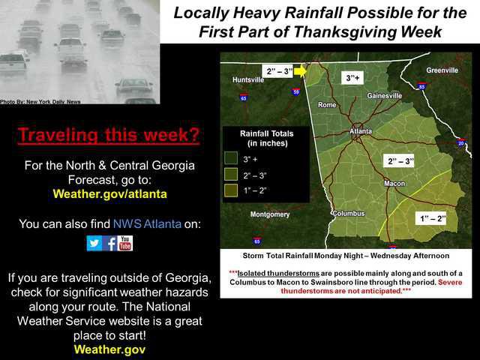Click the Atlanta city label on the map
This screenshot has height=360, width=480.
click(361, 131)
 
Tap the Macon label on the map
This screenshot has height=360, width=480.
click(394, 183)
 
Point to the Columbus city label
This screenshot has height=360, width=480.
click(349, 213)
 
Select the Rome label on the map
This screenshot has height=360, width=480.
click(327, 105)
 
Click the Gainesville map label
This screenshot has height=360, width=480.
click(385, 95)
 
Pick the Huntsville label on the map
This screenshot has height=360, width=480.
click(248, 79)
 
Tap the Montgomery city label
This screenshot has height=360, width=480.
click(270, 214)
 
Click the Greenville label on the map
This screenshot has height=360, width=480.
click(442, 70)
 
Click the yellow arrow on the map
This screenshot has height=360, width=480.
click(300, 71)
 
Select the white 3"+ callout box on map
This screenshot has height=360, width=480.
click(352, 78)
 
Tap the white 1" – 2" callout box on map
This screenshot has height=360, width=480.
click(433, 218)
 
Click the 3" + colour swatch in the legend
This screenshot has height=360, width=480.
click(231, 158)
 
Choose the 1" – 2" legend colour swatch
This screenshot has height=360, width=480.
click(231, 190)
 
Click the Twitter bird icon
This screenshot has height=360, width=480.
click(94, 243)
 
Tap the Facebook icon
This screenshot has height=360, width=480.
click(110, 243)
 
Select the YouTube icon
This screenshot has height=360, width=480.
click(125, 243)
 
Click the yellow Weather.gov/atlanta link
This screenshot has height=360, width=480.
click(110, 193)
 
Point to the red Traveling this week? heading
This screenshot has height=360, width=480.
click(109, 135)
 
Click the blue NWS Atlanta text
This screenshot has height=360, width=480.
click(147, 223)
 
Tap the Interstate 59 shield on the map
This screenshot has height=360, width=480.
click(296, 91)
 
